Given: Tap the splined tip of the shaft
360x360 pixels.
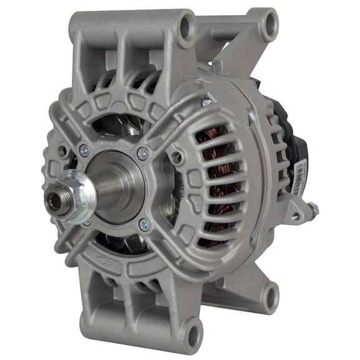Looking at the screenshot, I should tap(52, 201).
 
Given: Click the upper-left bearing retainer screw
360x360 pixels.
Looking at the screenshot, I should tap(83, 149).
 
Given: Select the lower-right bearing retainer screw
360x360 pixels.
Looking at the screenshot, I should tap(144, 223).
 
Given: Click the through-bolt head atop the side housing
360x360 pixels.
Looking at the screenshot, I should tap(206, 101).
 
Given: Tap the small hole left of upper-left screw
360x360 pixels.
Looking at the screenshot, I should tap(62, 151).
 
